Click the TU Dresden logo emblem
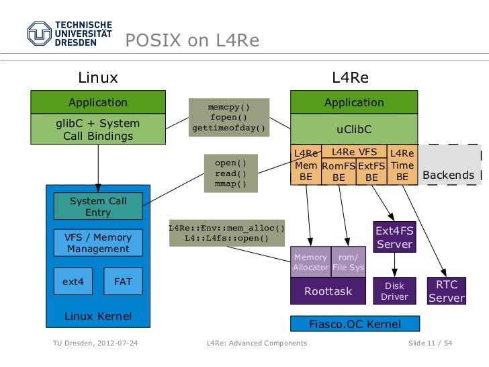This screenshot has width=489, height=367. pyautogui.click(x=39, y=33)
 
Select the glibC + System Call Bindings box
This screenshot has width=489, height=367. pyautogui.click(x=98, y=130)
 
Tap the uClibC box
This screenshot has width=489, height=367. pyautogui.click(x=354, y=128)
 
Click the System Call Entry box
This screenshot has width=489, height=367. pyautogui.click(x=98, y=206)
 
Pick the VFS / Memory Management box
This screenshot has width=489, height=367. pyautogui.click(x=98, y=243)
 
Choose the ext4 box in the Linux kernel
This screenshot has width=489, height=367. pyautogui.click(x=73, y=282)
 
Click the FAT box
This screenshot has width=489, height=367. pyautogui.click(x=123, y=282)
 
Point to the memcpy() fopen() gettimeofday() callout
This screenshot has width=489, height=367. pyautogui.click(x=229, y=117)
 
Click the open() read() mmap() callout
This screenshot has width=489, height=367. pyautogui.click(x=231, y=173)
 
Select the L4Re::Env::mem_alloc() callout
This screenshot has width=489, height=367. pyautogui.click(x=227, y=233)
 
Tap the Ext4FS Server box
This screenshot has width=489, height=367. pyautogui.click(x=395, y=237)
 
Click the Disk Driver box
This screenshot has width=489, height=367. pyautogui.click(x=394, y=291)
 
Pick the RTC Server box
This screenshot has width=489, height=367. pyautogui.click(x=447, y=291)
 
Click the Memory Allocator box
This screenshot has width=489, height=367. pyautogui.click(x=310, y=262)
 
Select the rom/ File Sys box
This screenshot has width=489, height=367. pyautogui.click(x=348, y=262)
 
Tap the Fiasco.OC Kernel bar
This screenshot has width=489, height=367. pyautogui.click(x=354, y=324)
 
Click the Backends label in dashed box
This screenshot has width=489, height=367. pyautogui.click(x=448, y=175)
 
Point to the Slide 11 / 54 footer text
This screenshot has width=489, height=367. pyautogui.click(x=430, y=343)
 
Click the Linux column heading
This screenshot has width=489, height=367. pyautogui.click(x=98, y=77)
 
